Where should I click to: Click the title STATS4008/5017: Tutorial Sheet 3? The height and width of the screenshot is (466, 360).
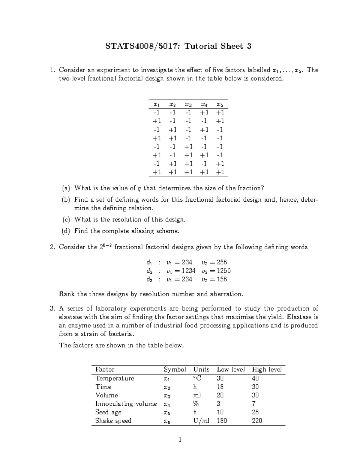178,46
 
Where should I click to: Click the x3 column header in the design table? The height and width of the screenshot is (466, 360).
188,105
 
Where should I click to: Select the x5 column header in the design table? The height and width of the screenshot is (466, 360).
220,105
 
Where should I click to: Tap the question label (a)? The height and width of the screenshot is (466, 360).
66,188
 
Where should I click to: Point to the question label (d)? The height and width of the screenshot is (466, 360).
66,231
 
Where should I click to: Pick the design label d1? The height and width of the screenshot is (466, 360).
149,263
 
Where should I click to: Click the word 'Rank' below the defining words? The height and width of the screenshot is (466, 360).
67,294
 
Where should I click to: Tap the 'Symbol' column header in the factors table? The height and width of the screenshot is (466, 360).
175,369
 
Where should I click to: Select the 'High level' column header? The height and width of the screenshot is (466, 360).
267,369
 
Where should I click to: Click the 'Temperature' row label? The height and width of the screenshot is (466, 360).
115,378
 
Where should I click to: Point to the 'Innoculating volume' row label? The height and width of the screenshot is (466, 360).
126,404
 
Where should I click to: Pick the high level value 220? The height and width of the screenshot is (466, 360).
257,421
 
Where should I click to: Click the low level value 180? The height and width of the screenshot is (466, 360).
222,421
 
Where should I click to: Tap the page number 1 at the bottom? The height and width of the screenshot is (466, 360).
180,440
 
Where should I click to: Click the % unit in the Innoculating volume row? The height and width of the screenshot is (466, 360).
197,404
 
